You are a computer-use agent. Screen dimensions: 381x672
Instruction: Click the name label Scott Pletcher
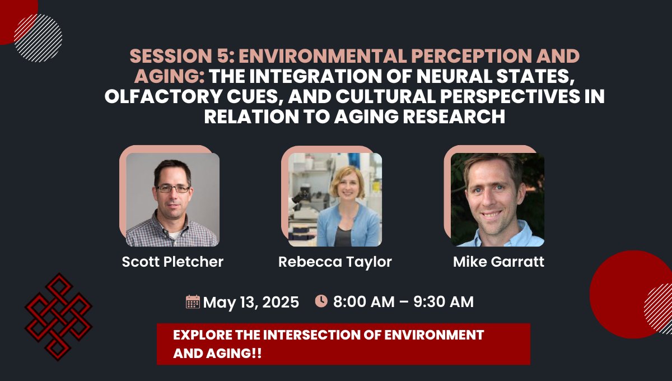(x=172, y=262)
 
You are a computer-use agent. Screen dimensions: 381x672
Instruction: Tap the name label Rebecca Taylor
(x=335, y=262)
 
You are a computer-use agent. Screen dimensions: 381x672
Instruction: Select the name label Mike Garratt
(x=498, y=262)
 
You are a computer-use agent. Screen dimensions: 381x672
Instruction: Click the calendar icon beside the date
(x=193, y=302)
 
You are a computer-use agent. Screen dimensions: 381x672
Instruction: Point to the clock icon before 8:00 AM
(x=321, y=301)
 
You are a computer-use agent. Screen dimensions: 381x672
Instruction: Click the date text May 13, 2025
(x=251, y=303)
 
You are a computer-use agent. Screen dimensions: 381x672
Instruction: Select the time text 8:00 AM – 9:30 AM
(x=403, y=302)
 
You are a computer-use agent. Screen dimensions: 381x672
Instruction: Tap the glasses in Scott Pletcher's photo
(x=173, y=189)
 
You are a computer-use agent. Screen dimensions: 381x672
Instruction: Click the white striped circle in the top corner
(x=38, y=38)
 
